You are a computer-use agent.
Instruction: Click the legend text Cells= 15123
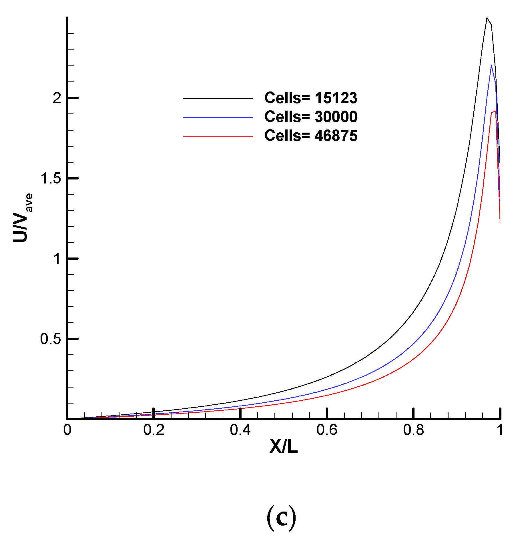pos(311,98)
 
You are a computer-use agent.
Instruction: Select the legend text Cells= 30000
pos(311,117)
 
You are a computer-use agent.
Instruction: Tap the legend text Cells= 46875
pos(311,135)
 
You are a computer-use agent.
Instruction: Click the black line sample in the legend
pos(218,98)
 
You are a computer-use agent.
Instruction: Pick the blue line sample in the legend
pos(218,117)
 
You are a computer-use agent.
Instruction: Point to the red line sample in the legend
pos(218,136)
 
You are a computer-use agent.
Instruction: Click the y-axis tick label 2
pos(57,98)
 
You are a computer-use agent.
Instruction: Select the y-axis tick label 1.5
pos(51,178)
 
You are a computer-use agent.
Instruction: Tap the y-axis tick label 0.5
pos(51,339)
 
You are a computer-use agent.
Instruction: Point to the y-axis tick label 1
pos(57,259)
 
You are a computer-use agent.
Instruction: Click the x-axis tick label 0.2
pos(154,430)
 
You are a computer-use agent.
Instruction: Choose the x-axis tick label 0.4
pos(240,430)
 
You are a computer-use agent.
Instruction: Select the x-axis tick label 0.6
pos(327,430)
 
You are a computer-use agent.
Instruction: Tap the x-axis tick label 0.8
pos(413,430)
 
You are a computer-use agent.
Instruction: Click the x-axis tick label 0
pos(67,430)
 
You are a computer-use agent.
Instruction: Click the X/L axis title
pos(283,446)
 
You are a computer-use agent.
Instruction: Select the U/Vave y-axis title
pos(23,218)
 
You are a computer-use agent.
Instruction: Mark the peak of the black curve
pos(487,18)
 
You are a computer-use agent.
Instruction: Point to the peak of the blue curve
pos(491,65)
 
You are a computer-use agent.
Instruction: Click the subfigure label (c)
pos(281,518)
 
